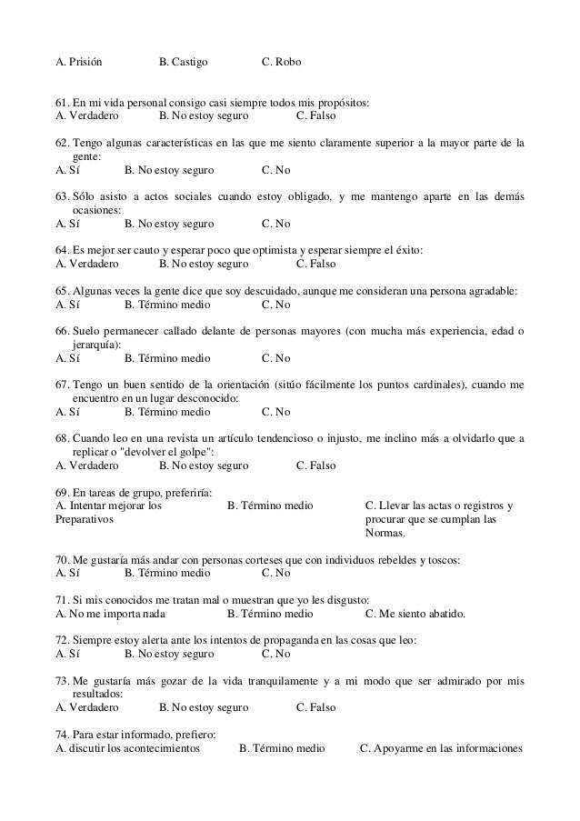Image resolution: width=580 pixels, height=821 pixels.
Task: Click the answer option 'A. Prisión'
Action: (x=78, y=62)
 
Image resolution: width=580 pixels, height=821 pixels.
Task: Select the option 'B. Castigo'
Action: (x=183, y=62)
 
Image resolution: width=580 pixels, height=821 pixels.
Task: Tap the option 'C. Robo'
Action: (x=281, y=62)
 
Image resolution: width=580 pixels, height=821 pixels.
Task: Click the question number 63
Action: (x=62, y=197)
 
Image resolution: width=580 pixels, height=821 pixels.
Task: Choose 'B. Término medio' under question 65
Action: (x=166, y=305)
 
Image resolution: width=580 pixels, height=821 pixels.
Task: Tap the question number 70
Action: (x=62, y=559)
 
